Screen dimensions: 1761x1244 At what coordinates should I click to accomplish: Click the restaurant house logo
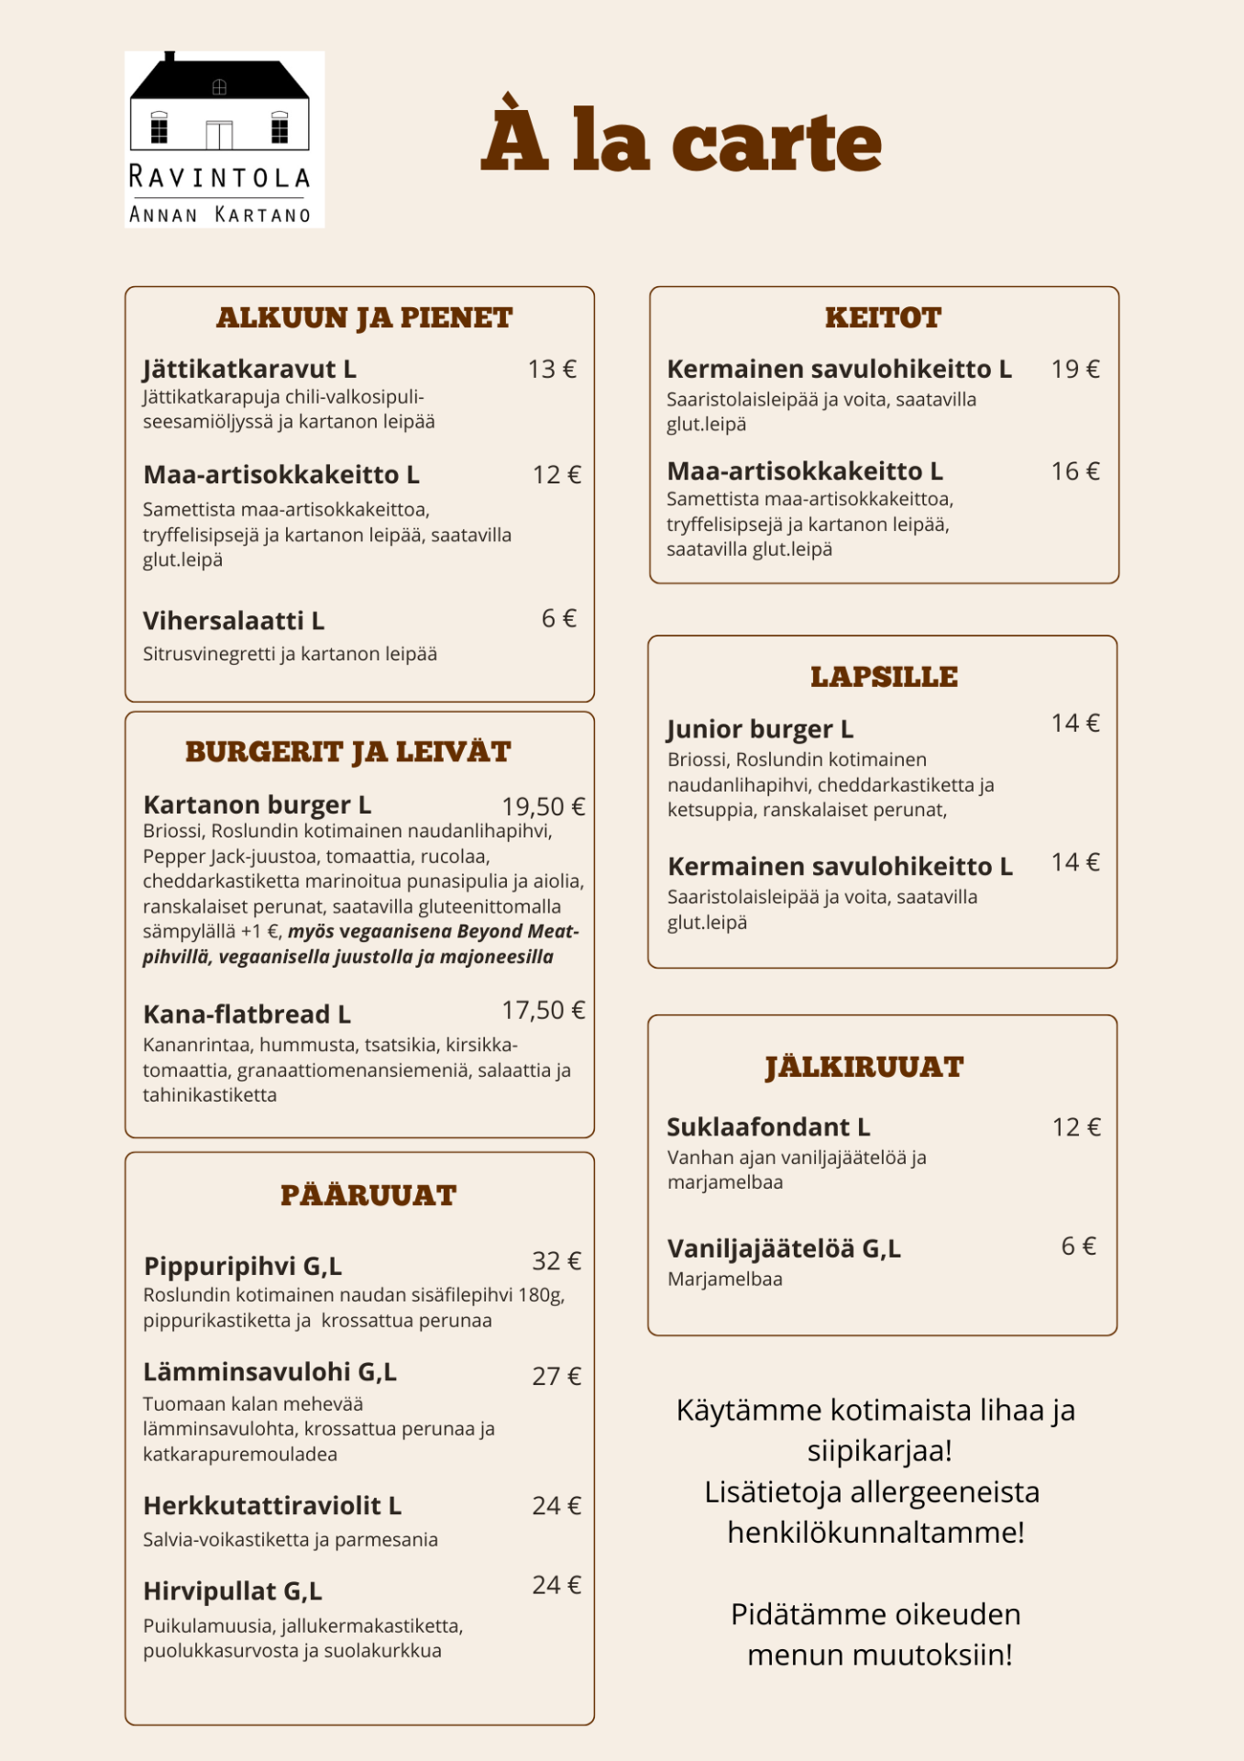224,138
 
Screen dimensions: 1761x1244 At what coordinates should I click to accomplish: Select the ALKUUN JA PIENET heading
364,317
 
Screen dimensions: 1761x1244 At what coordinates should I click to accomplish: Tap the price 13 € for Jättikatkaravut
552,369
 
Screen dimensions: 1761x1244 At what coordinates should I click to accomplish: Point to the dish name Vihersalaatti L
234,621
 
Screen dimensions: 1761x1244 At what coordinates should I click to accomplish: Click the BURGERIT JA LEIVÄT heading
348,752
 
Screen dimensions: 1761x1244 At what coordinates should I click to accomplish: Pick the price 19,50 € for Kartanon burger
543,806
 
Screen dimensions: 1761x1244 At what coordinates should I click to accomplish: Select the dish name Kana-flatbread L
247,1013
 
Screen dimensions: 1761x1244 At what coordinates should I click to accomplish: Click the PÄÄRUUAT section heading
369,1195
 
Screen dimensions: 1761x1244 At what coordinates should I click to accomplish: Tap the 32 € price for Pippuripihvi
556,1261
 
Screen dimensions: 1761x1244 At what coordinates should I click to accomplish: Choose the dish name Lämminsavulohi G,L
270,1371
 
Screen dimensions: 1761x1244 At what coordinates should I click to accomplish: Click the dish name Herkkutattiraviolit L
272,1505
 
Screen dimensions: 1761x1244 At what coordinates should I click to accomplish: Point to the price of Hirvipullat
556,1585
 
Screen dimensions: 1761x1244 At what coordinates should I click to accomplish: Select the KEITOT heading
883,317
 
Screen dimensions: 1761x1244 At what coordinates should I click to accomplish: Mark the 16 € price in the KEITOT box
1075,471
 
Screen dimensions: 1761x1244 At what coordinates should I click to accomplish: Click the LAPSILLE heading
884,677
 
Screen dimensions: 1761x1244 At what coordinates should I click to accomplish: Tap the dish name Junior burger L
760,729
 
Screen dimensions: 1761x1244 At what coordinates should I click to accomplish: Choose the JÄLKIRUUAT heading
864,1067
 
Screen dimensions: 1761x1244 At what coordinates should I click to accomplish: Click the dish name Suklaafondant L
768,1126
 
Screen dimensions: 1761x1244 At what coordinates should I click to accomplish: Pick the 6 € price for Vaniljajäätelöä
1078,1246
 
